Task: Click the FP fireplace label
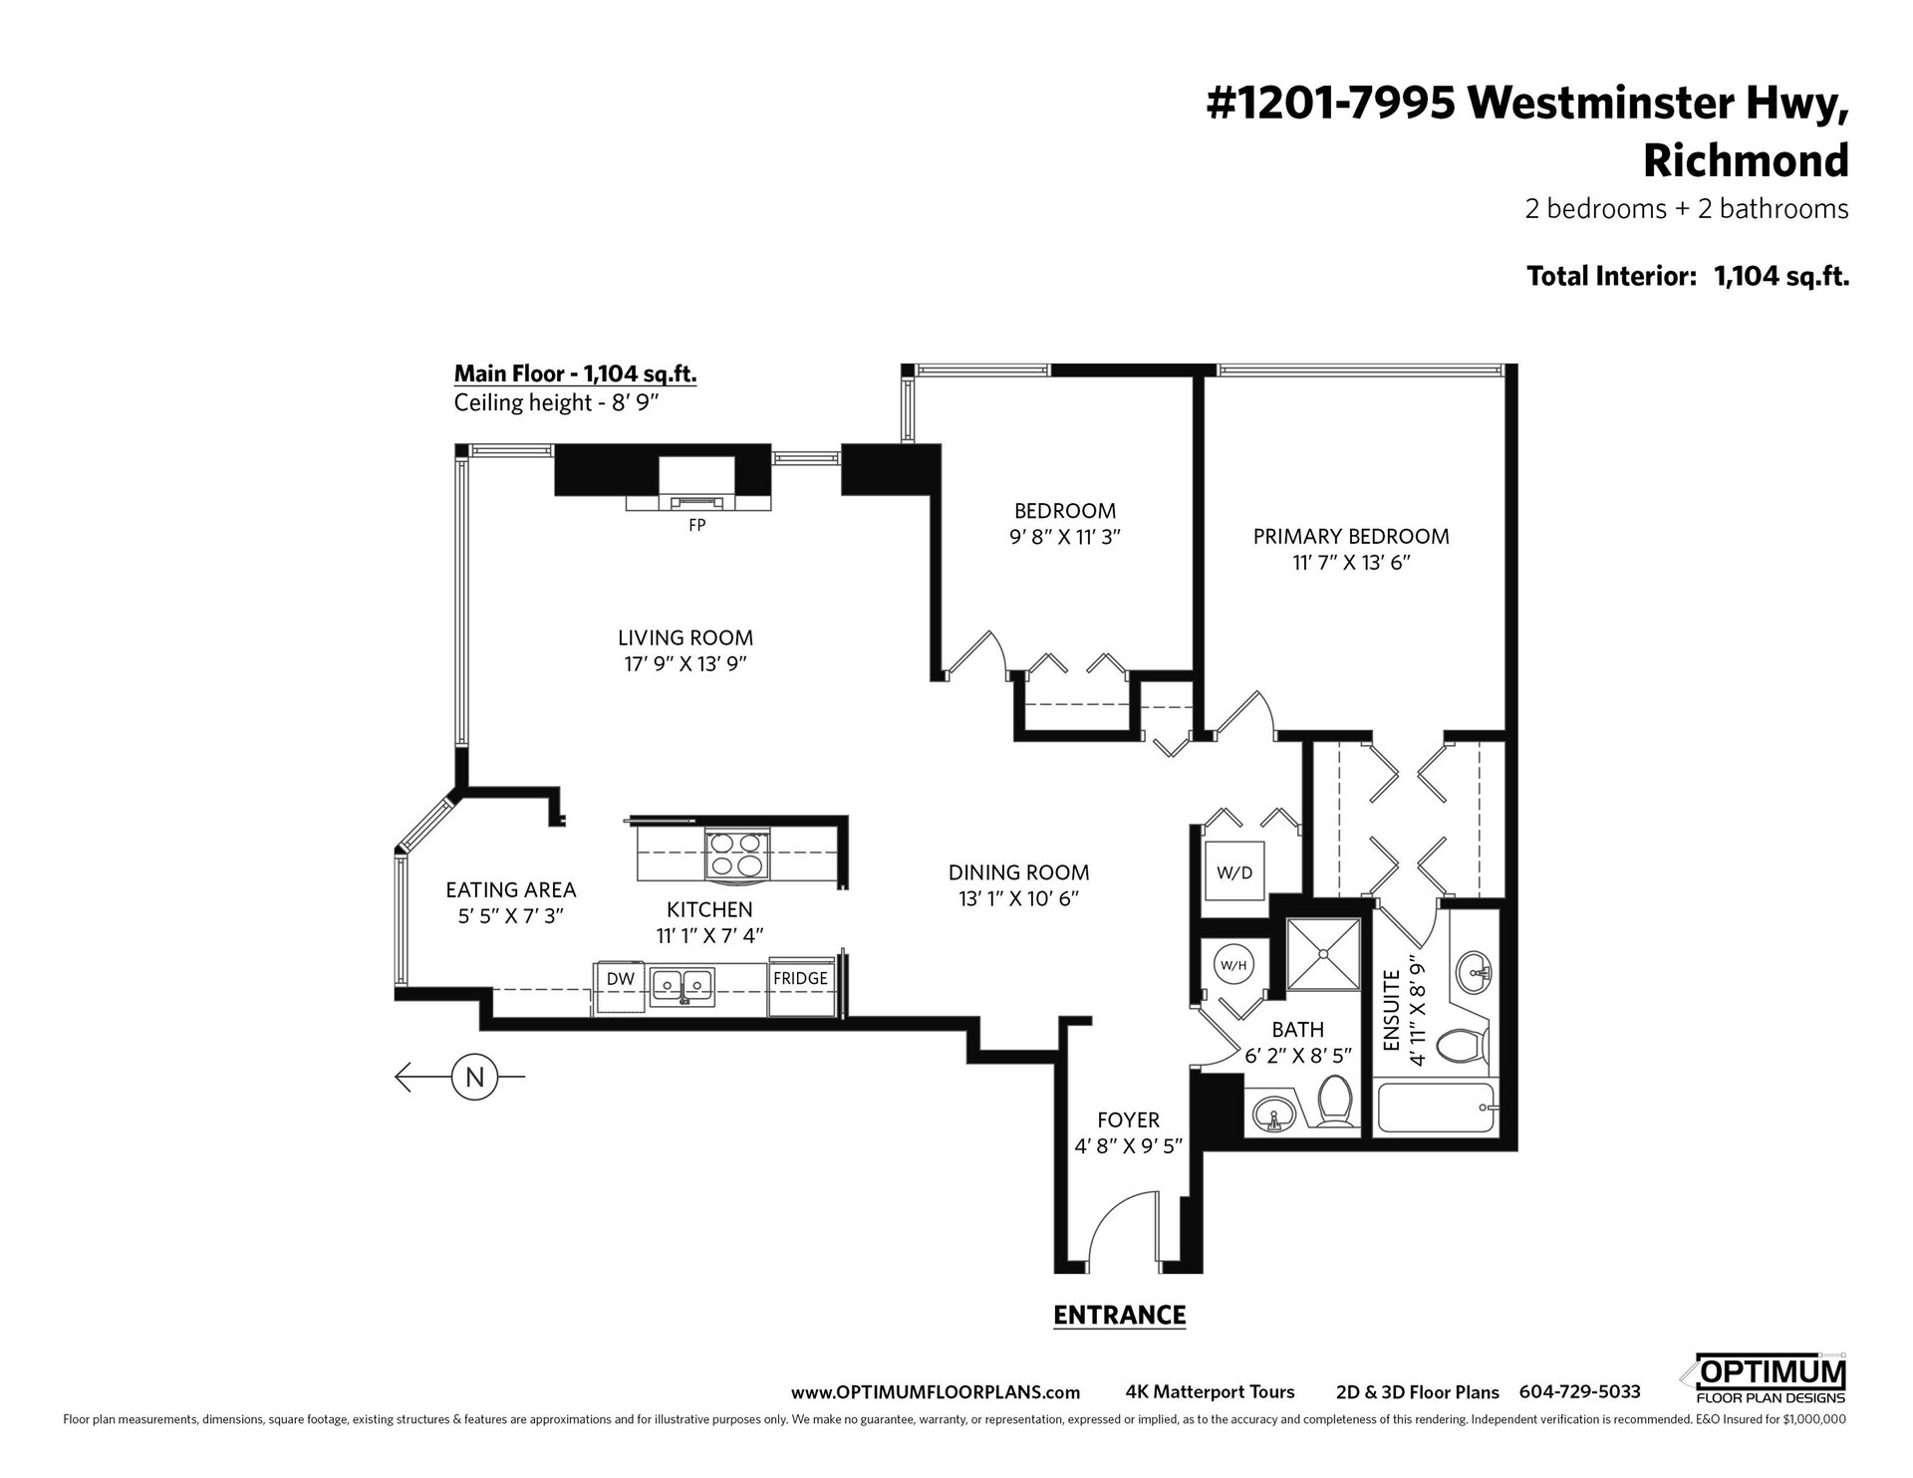(696, 525)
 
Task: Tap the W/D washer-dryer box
(1234, 872)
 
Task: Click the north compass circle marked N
(475, 1077)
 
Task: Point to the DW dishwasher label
(621, 979)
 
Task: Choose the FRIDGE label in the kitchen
(800, 979)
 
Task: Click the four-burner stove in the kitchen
(737, 855)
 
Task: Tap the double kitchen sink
(683, 986)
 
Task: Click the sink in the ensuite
(1473, 969)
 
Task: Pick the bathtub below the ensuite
(1436, 1108)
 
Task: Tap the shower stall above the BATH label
(1323, 954)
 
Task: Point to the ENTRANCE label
(1119, 1315)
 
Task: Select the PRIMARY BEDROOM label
(1351, 536)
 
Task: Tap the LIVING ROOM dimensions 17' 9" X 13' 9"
(685, 663)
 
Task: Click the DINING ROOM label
(1018, 872)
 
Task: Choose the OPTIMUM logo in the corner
(1763, 1378)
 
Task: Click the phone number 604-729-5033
(1579, 1392)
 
